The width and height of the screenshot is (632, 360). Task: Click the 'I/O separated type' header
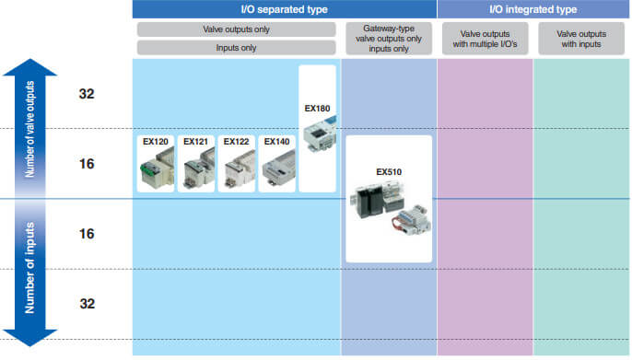283,9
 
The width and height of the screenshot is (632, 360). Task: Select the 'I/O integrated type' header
533,9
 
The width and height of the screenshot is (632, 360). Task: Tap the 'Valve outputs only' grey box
236,29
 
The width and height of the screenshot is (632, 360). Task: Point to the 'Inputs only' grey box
236,47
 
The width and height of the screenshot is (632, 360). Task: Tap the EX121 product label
194,142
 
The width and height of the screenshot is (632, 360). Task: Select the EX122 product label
235,142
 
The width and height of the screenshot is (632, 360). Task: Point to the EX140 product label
275,142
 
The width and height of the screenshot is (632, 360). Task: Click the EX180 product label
317,108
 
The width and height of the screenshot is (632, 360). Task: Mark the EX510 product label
389,171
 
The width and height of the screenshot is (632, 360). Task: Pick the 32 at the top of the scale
86,94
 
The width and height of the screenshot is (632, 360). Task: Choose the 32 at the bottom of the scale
86,304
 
